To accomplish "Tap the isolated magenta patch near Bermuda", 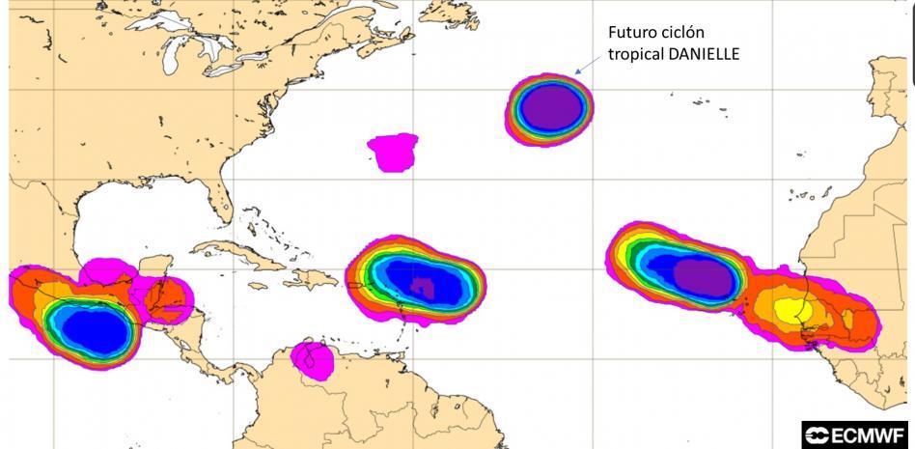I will click(x=394, y=152).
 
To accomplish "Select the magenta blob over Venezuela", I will click(x=313, y=359).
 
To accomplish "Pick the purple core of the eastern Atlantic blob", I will click(x=703, y=277).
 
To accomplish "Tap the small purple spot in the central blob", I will click(x=421, y=286).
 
